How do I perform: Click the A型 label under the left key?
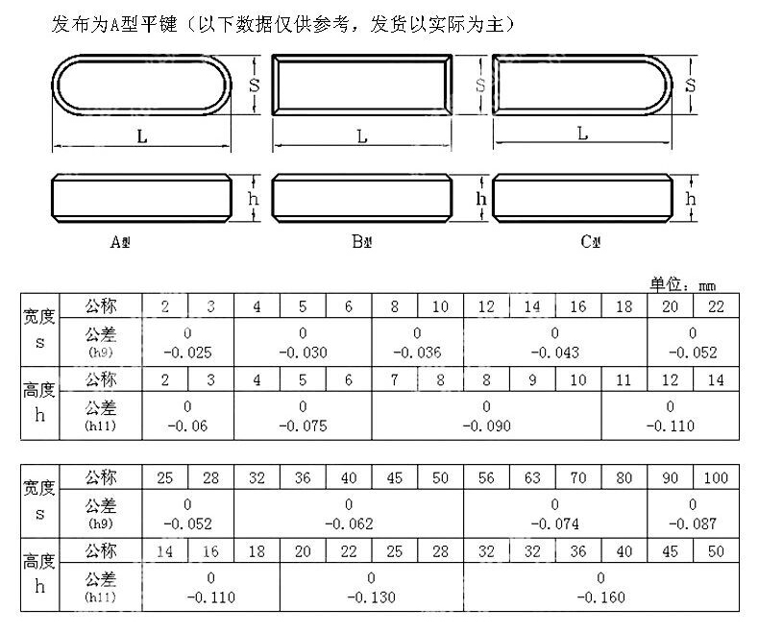pos(120,241)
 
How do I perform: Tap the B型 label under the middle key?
pos(361,241)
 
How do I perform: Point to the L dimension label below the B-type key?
pos(362,136)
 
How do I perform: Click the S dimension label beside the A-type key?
pos(254,85)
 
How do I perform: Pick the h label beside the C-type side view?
pos(690,198)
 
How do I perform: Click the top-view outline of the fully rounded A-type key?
pos(141,85)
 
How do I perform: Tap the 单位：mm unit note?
pos(683,284)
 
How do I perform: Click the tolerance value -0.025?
pos(187,353)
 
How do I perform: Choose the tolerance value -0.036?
pos(417,353)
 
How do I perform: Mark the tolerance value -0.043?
pos(554,353)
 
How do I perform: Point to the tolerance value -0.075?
pos(303,424)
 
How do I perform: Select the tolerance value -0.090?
pos(486,424)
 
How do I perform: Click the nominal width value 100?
pos(716,477)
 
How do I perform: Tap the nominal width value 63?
pos(533,477)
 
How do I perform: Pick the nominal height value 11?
pos(624,379)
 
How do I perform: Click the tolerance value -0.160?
pos(600,596)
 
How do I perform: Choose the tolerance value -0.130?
pos(371,596)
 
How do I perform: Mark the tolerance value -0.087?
pos(693,523)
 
